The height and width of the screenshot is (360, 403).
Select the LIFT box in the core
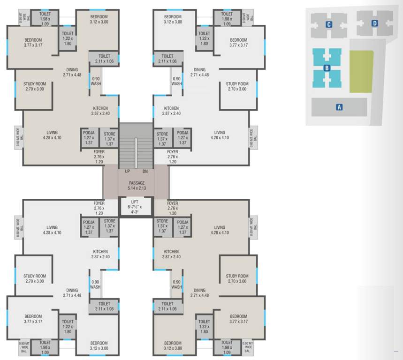[135, 207]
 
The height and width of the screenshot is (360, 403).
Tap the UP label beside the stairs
[127, 172]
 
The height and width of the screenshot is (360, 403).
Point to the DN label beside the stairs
[144, 172]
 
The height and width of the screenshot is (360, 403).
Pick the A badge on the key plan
[339, 107]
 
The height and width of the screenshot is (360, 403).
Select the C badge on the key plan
[329, 24]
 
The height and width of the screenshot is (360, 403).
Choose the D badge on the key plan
[374, 23]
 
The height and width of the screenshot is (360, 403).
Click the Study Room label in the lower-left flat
[34, 278]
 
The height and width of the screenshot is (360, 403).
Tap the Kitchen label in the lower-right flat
[171, 254]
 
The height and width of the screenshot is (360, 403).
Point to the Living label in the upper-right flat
[219, 135]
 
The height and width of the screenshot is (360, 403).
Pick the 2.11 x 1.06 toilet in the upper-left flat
[104, 59]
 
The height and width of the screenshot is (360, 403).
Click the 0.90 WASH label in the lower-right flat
[176, 284]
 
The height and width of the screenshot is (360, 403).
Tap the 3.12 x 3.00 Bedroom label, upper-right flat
[173, 19]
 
